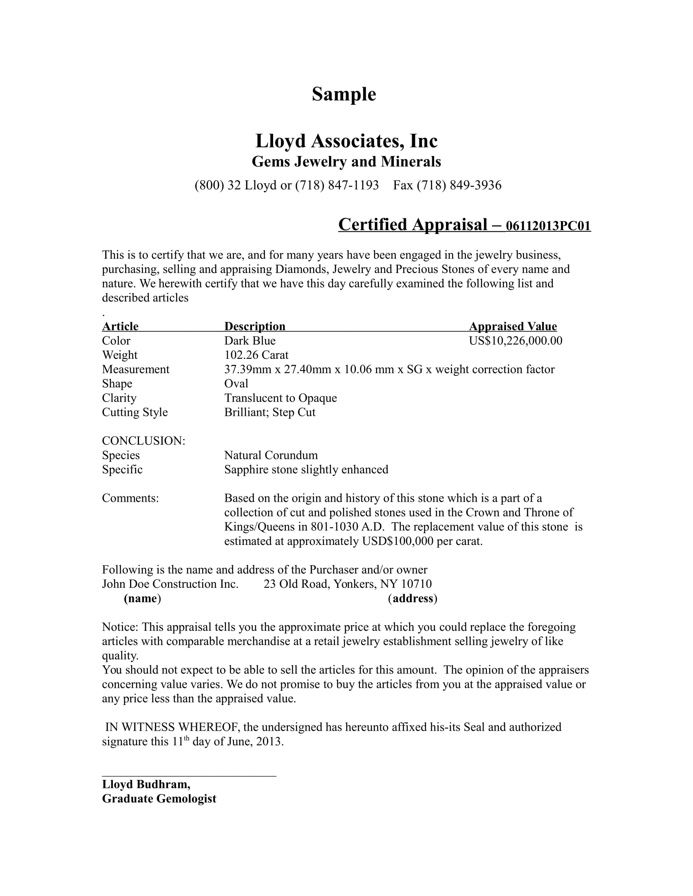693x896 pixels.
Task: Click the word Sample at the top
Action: click(x=344, y=94)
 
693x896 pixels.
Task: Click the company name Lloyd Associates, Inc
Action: click(x=346, y=141)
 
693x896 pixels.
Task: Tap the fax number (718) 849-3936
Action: click(x=459, y=185)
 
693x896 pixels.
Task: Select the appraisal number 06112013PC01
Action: click(x=548, y=226)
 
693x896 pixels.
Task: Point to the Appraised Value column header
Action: click(x=513, y=326)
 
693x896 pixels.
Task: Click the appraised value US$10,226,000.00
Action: click(x=515, y=341)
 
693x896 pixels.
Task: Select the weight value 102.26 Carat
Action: click(x=256, y=355)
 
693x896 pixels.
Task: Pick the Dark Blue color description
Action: click(x=249, y=341)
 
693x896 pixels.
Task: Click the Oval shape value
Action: click(x=236, y=384)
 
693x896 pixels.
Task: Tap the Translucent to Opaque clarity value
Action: click(x=280, y=398)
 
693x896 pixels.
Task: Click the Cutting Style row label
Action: click(x=135, y=412)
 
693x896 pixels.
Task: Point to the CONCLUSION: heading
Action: click(x=143, y=441)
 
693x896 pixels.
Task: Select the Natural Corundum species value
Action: click(x=271, y=455)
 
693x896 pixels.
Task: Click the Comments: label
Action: click(x=130, y=498)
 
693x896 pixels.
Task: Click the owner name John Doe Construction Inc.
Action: click(x=170, y=584)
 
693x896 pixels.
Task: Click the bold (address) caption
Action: click(x=413, y=599)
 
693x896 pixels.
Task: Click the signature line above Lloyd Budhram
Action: click(x=189, y=776)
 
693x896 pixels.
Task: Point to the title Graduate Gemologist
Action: click(x=159, y=799)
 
